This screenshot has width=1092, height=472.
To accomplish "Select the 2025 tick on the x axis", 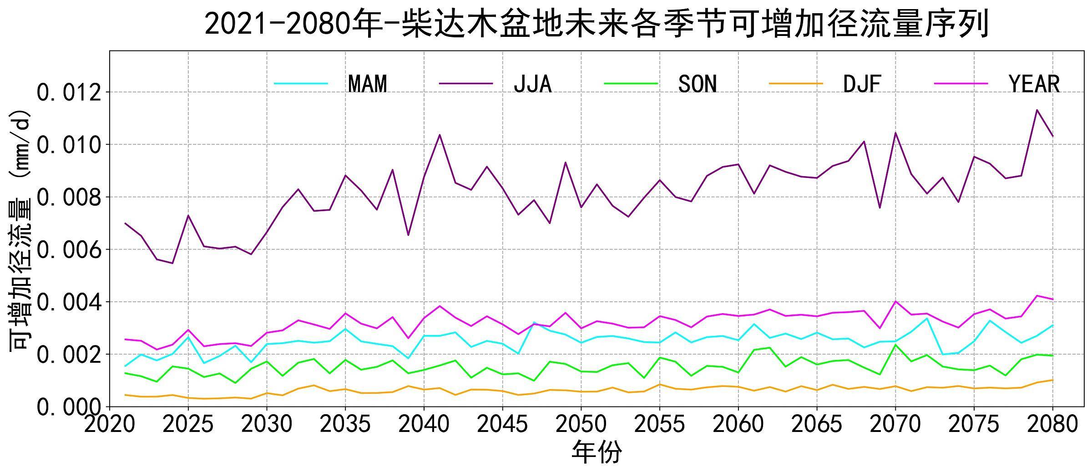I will [188, 425].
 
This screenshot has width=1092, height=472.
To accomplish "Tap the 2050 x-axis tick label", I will [581, 425].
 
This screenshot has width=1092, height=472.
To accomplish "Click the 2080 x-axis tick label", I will [1052, 425].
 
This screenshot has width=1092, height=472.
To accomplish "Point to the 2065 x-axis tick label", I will [817, 425].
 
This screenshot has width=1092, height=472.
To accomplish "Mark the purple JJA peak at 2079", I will [1037, 110].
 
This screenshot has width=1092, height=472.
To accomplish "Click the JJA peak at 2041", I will [440, 134].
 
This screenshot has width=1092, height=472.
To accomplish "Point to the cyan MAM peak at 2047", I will [534, 323].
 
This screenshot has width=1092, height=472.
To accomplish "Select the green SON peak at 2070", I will [895, 345].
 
